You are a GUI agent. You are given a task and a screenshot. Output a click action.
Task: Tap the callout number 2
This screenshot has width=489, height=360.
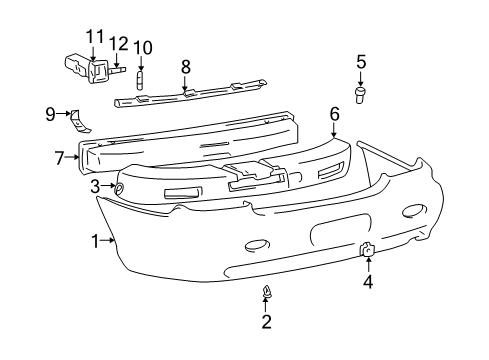coord(267,321)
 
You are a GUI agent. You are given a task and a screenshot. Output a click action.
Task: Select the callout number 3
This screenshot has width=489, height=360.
coord(95,186)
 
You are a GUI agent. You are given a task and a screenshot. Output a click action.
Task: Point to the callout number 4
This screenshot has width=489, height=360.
coord(368,281)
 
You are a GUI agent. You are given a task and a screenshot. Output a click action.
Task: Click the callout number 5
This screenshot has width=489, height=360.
coord(361,62)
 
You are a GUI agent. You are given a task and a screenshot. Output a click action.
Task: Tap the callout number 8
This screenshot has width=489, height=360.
coord(184,67)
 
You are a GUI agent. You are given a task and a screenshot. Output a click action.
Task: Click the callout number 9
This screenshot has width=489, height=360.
coord(50,114)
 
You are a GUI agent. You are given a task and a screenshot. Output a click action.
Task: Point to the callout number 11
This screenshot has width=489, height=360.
coord(94,37)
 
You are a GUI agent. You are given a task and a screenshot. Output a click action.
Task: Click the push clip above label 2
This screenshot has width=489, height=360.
coord(267,293)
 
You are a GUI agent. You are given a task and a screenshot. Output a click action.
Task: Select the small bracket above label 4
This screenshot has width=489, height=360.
coord(367,250)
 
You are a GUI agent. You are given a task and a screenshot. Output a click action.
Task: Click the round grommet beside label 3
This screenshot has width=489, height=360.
coord(119,187)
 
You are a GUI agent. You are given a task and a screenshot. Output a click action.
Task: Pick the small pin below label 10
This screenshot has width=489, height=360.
coord(141,79)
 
